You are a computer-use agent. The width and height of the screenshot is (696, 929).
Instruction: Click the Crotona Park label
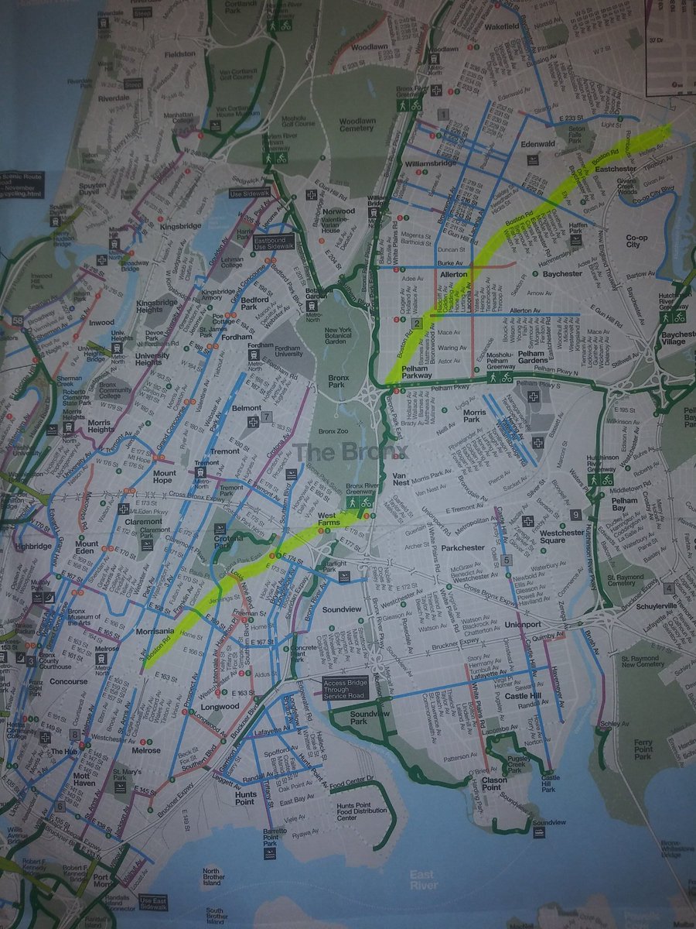[x=228, y=540]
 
